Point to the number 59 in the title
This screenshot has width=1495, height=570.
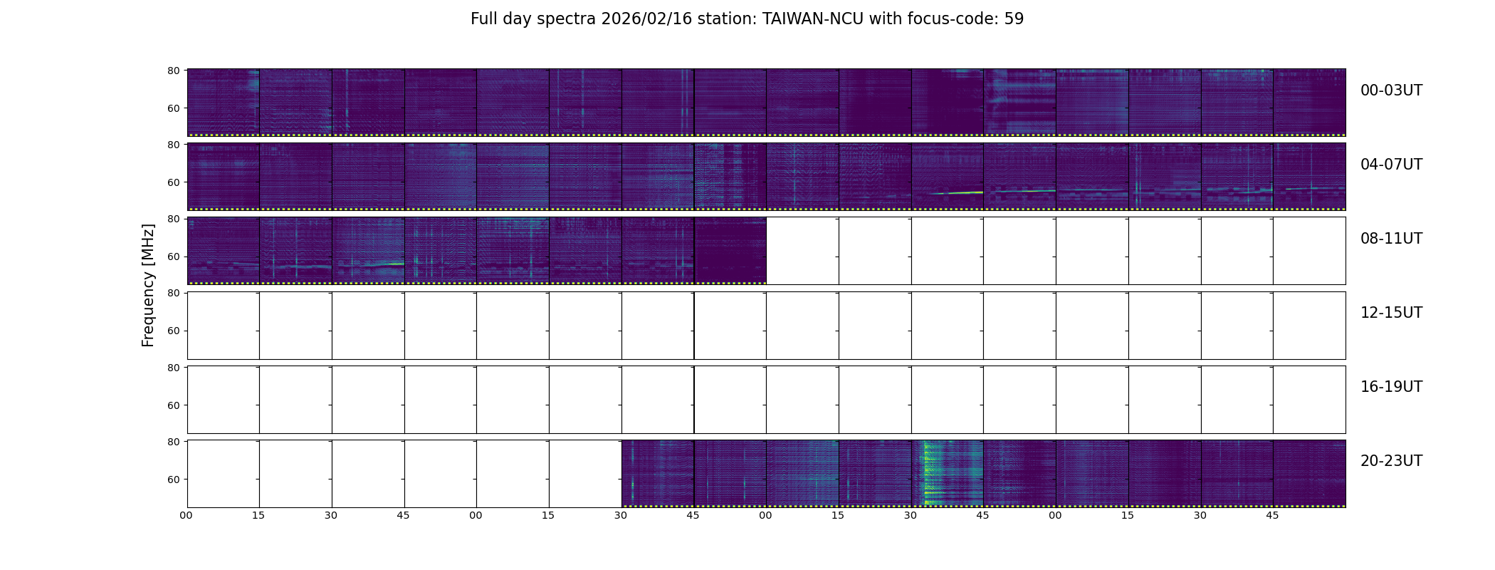pyautogui.click(x=1014, y=19)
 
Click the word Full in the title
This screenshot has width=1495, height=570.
pyautogui.click(x=484, y=19)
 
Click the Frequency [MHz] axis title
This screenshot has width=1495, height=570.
pyautogui.click(x=148, y=285)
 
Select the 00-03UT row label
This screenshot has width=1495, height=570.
pyautogui.click(x=1391, y=90)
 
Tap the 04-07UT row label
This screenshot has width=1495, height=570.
pyautogui.click(x=1391, y=165)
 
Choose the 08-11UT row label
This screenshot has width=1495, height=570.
pyautogui.click(x=1391, y=239)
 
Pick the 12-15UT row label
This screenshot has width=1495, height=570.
pyautogui.click(x=1391, y=313)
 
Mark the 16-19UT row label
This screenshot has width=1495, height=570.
pyautogui.click(x=1391, y=387)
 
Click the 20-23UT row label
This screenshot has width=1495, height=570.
pyautogui.click(x=1391, y=461)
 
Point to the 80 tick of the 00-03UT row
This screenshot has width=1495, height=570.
pyautogui.click(x=173, y=71)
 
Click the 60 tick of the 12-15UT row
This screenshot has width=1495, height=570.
pyautogui.click(x=173, y=331)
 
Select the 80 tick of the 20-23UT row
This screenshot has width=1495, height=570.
pyautogui.click(x=173, y=442)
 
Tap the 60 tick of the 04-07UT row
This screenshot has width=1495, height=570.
pyautogui.click(x=173, y=182)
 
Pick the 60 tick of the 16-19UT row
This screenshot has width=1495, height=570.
pyautogui.click(x=173, y=405)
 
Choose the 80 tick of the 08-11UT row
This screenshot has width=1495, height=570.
pyautogui.click(x=173, y=219)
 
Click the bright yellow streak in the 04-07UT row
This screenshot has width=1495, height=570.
pyautogui.click(x=958, y=192)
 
